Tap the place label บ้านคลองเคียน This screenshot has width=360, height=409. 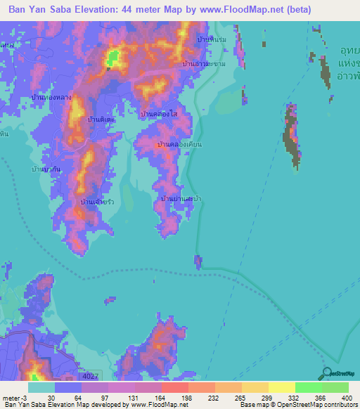click(x=179, y=144)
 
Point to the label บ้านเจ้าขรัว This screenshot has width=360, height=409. click(x=98, y=202)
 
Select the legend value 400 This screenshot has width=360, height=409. click(x=346, y=398)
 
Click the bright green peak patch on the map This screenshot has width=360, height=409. click(x=111, y=59)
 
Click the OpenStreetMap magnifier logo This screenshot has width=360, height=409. click(x=326, y=373)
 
